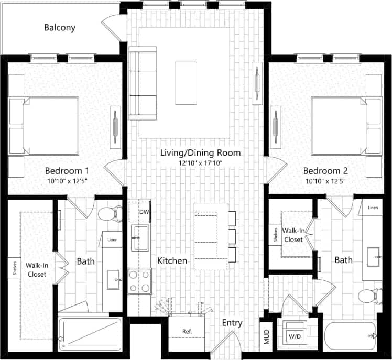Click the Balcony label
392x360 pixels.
click(60, 28)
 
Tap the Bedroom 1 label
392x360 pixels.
click(67, 171)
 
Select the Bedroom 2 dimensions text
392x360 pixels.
click(325, 181)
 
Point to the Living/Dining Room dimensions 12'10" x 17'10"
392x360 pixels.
click(201, 163)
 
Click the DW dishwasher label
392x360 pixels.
click(144, 212)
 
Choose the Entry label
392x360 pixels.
click(232, 323)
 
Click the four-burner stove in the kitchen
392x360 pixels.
click(140, 281)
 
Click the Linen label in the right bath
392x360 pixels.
click(373, 208)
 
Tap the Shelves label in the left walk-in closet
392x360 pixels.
click(14, 267)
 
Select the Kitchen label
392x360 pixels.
click(172, 260)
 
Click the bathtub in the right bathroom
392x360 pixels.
click(350, 337)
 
